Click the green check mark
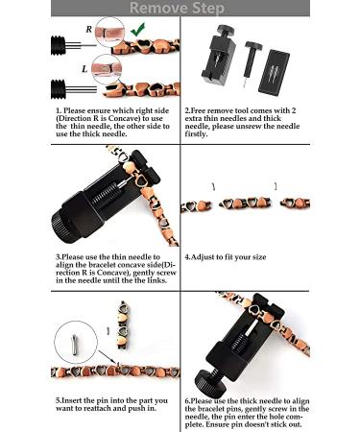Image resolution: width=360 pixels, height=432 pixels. pos(138,30)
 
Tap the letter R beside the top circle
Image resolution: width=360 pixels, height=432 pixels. pos(89,30)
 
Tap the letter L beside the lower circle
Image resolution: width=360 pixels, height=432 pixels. pos(84,69)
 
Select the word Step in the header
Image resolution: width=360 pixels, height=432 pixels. pos(208,8)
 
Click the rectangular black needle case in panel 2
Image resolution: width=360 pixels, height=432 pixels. pos(274,72)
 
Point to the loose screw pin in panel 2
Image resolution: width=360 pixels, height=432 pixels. pos(252,63)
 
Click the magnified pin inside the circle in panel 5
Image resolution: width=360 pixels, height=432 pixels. pos(75,344)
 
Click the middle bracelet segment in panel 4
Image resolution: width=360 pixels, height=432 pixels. pos(246,204)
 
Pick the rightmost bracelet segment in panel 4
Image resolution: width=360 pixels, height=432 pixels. pos(295,204)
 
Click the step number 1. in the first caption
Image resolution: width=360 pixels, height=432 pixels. pos(59,111)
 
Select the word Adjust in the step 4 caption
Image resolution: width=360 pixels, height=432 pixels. pos(203,257)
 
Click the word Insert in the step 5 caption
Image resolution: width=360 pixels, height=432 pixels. pos(72,400)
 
